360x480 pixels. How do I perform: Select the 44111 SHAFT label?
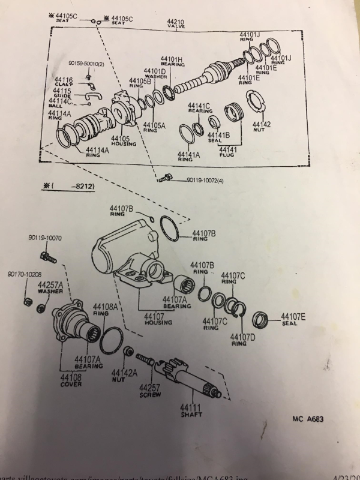click(191, 411)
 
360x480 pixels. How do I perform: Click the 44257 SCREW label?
click(150, 391)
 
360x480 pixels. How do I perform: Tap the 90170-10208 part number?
click(24, 274)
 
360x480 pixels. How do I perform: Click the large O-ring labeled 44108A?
click(112, 341)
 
